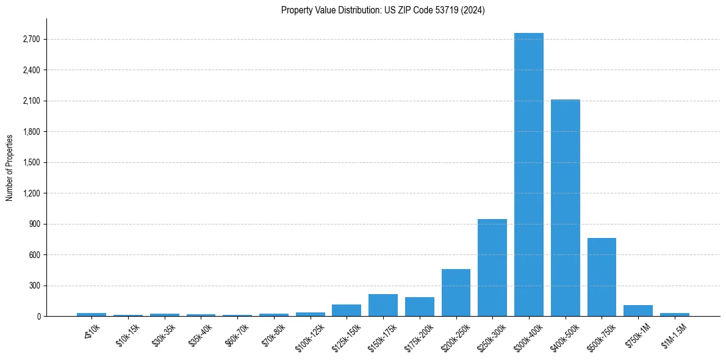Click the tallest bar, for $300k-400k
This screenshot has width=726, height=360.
tap(528, 175)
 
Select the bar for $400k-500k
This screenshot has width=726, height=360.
tap(565, 207)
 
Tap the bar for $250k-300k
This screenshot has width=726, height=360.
tap(492, 267)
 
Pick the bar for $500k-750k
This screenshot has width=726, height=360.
tap(602, 277)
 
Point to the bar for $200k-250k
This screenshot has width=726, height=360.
tap(456, 292)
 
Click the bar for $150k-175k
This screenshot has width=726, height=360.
tap(383, 305)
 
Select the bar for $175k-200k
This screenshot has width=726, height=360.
tap(419, 306)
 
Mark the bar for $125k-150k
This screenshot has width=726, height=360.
tap(347, 310)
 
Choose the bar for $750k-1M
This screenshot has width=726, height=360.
tap(638, 311)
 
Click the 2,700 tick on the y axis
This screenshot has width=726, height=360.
tap(31, 39)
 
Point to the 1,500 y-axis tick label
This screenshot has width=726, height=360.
tap(31, 162)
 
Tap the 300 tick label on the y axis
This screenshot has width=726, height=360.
tap(34, 286)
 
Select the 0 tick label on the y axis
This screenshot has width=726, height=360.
tap(38, 316)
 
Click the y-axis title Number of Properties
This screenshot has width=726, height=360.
tap(9, 167)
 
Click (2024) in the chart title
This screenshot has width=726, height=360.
tap(474, 10)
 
